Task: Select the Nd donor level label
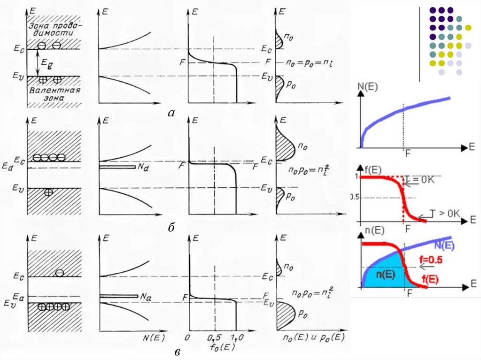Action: click(141, 167)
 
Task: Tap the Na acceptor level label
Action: click(140, 296)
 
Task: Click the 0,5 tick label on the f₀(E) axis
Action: click(215, 337)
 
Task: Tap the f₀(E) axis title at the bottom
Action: click(217, 348)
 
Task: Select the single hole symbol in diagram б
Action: click(47, 192)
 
